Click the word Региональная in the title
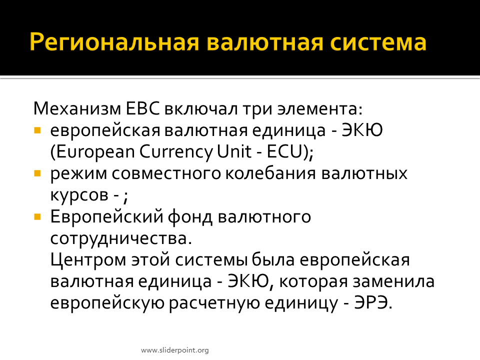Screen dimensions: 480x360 pyautogui.click(x=114, y=42)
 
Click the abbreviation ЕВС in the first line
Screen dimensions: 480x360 pyautogui.click(x=142, y=108)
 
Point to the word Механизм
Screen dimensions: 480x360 pyautogui.click(x=77, y=108)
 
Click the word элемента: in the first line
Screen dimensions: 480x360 pyautogui.click(x=320, y=108)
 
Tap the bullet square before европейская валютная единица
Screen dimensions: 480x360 pyautogui.click(x=37, y=130)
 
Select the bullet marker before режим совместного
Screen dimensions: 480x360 pyautogui.click(x=37, y=174)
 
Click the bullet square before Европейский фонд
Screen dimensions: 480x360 pyautogui.click(x=37, y=217)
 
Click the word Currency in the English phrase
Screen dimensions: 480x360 pyautogui.click(x=176, y=152)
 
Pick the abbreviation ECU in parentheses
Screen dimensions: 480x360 pyautogui.click(x=284, y=151)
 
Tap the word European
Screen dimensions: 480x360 pyautogui.click(x=95, y=152)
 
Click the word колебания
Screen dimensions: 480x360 pyautogui.click(x=270, y=173)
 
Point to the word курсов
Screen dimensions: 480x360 pyautogui.click(x=79, y=195)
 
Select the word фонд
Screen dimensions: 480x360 pyautogui.click(x=190, y=216)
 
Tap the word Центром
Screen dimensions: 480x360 pyautogui.click(x=88, y=260)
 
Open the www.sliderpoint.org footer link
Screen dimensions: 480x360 pyautogui.click(x=175, y=350)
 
